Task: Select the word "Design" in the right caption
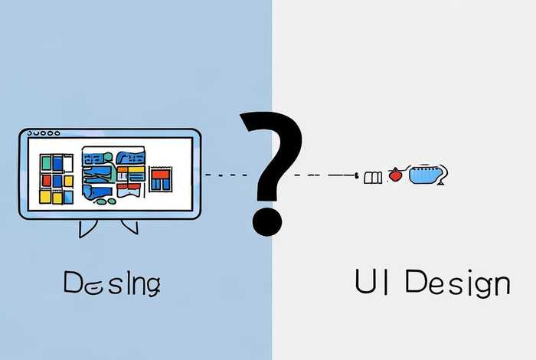456,284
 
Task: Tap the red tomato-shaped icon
395,175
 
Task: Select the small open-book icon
373,178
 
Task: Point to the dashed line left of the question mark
226,175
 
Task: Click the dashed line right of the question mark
325,175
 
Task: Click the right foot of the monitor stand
129,226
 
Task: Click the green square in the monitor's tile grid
46,162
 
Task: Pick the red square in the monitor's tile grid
47,180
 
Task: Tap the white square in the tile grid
67,162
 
